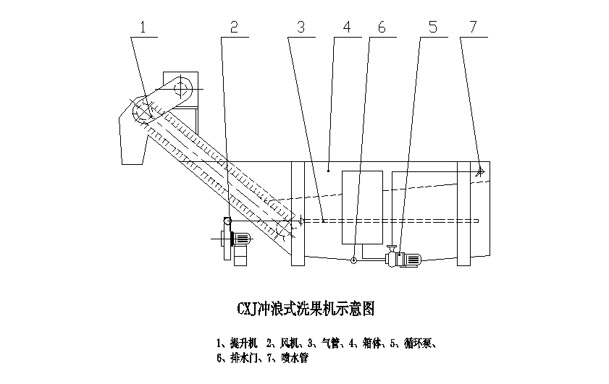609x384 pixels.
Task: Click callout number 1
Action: [x=143, y=27]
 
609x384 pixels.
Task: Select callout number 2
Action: [x=233, y=27]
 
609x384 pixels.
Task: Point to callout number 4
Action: [x=347, y=27]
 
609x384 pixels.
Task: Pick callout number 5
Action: [x=432, y=27]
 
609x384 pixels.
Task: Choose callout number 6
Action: [x=382, y=27]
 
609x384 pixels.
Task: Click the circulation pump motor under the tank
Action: [x=410, y=258]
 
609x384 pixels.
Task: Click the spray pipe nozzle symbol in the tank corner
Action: [x=479, y=172]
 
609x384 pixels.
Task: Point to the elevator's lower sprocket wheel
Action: [x=285, y=227]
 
